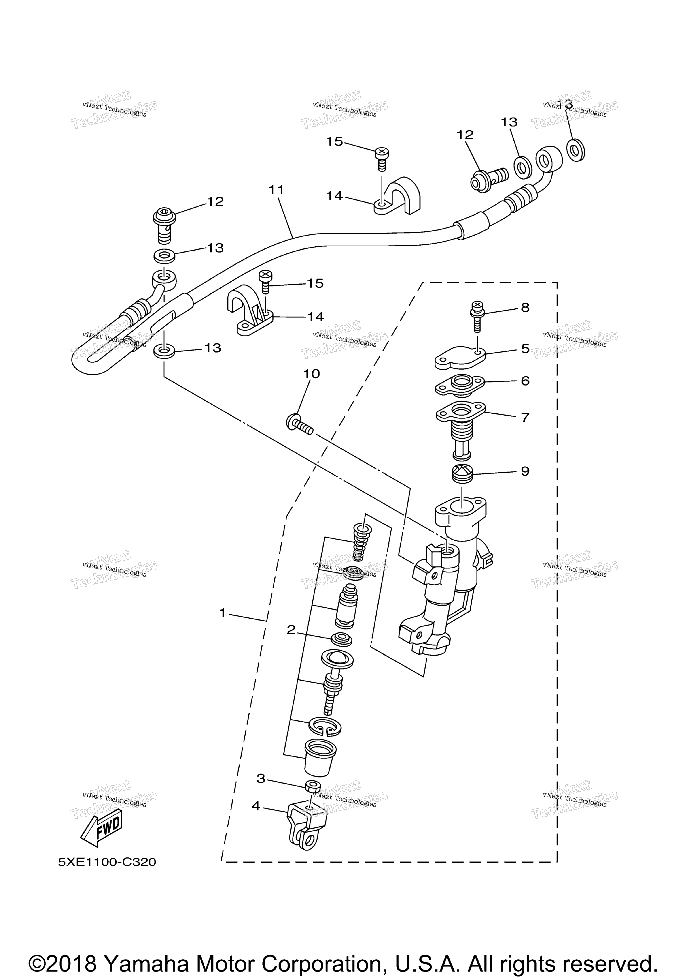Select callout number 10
311,373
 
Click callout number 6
525,380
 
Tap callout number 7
525,417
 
